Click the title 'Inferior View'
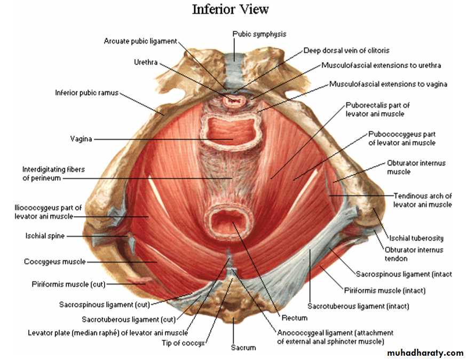pyautogui.click(x=230, y=9)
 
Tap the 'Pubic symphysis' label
pyautogui.click(x=259, y=34)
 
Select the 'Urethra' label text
pyautogui.click(x=146, y=62)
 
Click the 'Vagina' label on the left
pyautogui.click(x=81, y=139)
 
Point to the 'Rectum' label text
pyautogui.click(x=295, y=318)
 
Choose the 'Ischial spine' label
pyautogui.click(x=45, y=236)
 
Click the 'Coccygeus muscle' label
pyautogui.click(x=55, y=262)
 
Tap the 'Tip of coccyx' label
pyautogui.click(x=183, y=343)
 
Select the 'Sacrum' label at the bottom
pyautogui.click(x=243, y=348)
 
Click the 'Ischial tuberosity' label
pyautogui.click(x=416, y=238)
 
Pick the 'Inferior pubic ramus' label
pyautogui.click(x=86, y=93)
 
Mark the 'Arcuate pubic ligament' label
pyautogui.click(x=140, y=41)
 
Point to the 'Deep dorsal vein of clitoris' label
pyautogui.click(x=346, y=51)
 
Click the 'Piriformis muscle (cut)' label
pyautogui.click(x=68, y=284)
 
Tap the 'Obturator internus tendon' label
pyautogui.click(x=414, y=254)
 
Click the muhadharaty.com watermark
pyautogui.click(x=425, y=353)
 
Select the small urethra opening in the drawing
pyautogui.click(x=234, y=100)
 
